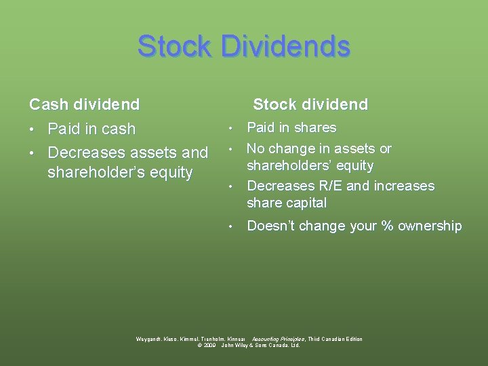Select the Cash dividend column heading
point(84,104)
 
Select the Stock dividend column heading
point(310,104)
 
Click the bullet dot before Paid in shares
point(231,128)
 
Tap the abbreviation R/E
point(330,186)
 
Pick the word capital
point(306,203)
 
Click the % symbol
point(388,226)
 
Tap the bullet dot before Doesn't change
point(231,226)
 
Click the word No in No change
point(256,148)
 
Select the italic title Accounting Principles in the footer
point(278,339)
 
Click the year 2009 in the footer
point(209,345)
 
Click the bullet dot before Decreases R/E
point(231,186)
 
